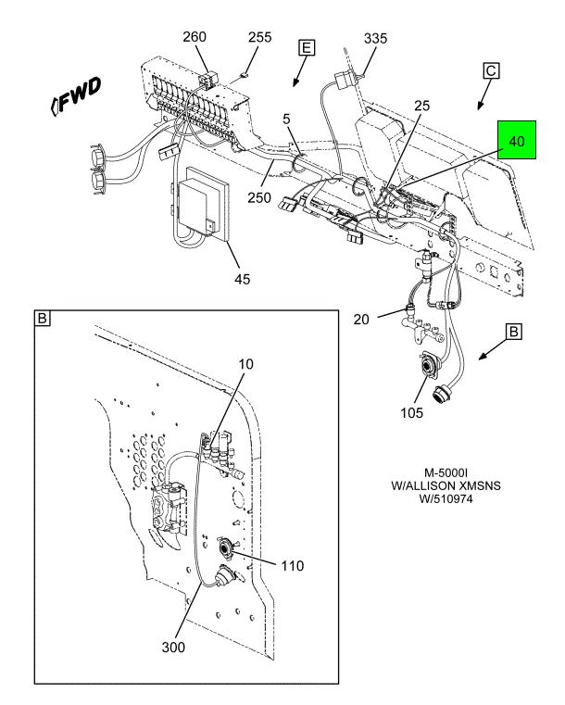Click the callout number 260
[x=195, y=37]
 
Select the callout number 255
[x=260, y=38]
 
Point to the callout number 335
[x=376, y=38]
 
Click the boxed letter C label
[x=492, y=70]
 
